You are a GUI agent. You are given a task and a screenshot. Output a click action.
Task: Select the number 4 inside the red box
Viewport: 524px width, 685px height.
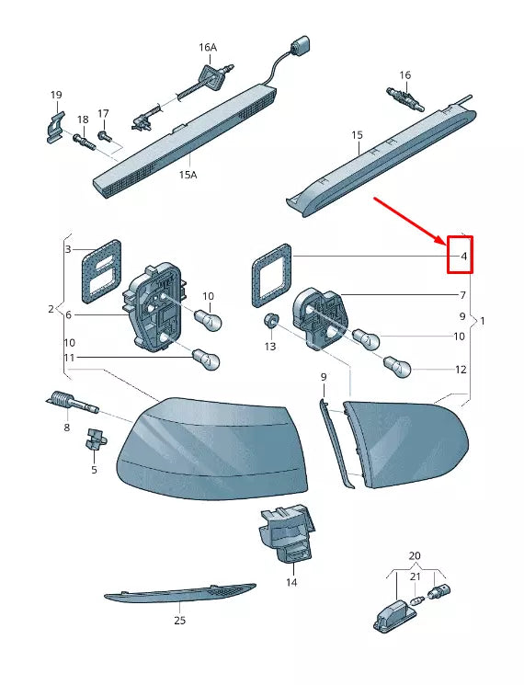[463, 255]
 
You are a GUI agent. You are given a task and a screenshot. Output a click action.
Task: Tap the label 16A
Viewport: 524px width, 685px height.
[207, 47]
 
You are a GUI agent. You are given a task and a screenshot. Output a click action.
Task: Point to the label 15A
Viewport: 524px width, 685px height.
[188, 174]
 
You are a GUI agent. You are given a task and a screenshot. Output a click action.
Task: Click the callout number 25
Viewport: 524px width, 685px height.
[180, 620]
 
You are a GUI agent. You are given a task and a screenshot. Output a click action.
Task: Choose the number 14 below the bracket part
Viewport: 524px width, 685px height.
[290, 582]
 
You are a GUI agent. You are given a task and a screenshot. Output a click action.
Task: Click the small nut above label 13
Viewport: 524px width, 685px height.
[271, 321]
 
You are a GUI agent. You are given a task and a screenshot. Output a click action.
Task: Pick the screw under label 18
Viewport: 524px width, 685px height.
[83, 142]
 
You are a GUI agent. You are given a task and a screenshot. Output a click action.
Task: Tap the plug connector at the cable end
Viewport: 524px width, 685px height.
[299, 46]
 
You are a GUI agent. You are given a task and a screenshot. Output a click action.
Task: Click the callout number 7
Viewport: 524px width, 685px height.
[463, 295]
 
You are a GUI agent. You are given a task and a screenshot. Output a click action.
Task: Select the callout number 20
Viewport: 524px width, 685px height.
[415, 556]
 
